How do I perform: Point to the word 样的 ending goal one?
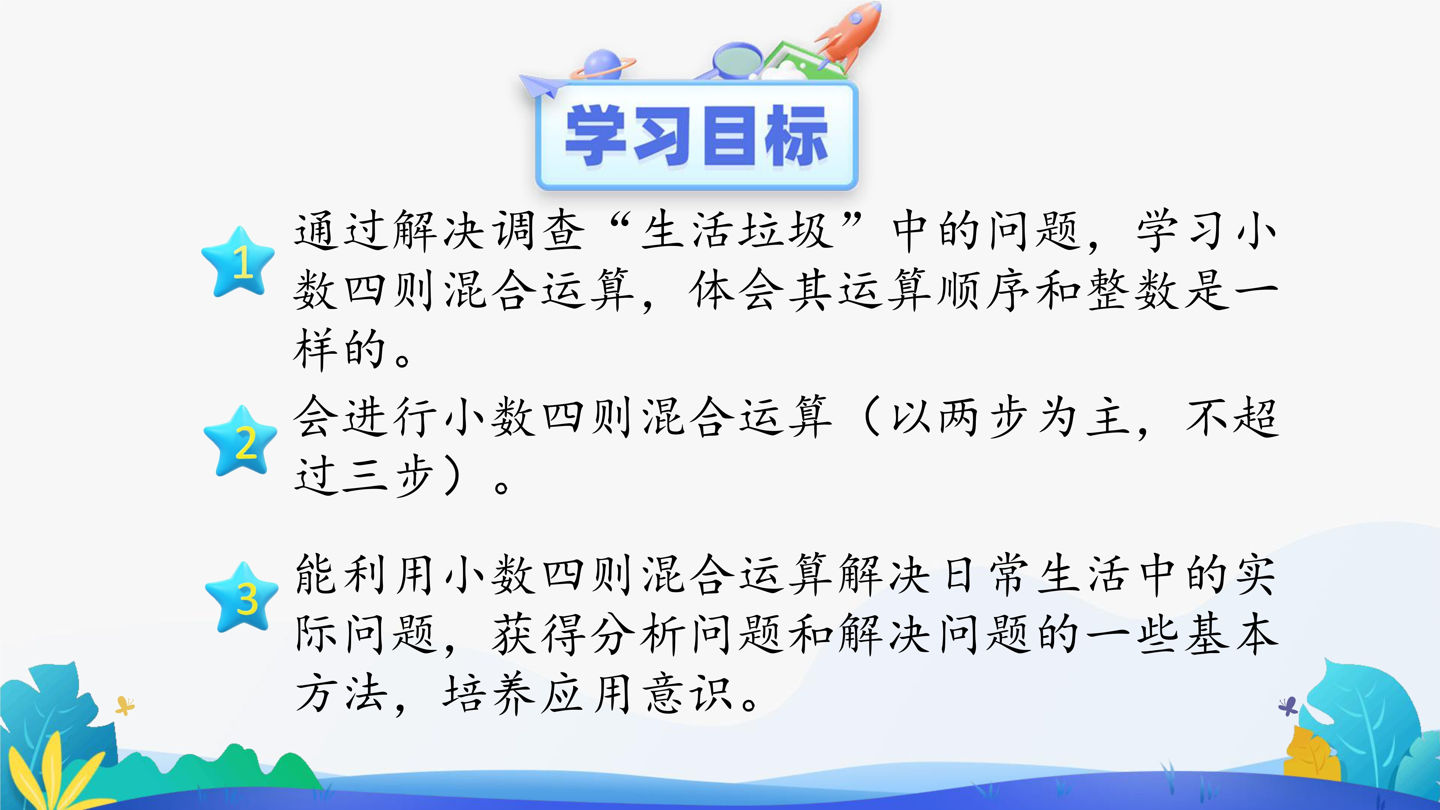(339, 349)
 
